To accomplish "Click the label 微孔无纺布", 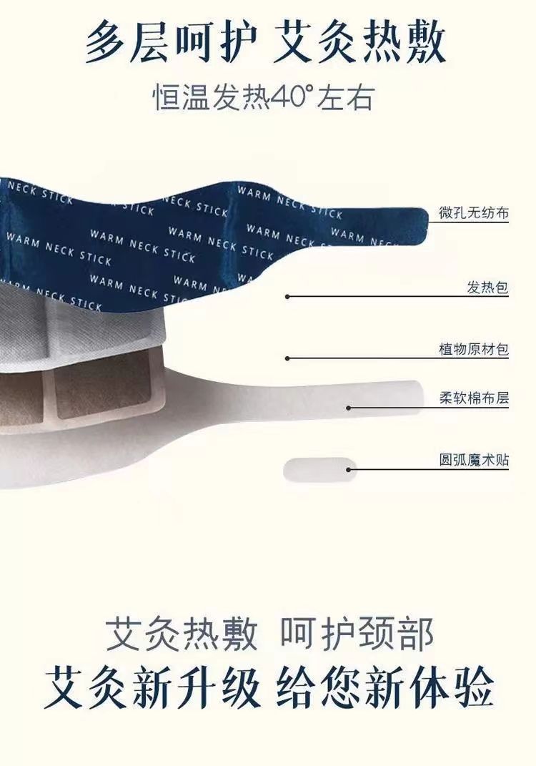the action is pyautogui.click(x=474, y=213).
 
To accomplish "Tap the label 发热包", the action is pyautogui.click(x=487, y=288).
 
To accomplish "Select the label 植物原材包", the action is pyautogui.click(x=474, y=350).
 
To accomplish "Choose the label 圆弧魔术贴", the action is pyautogui.click(x=474, y=460).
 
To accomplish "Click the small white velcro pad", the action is pyautogui.click(x=318, y=469).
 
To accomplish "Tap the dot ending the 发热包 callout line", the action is pyautogui.click(x=287, y=295).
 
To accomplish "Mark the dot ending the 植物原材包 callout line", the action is pyautogui.click(x=287, y=358).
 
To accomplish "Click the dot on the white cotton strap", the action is pyautogui.click(x=349, y=408).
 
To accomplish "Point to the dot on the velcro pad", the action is pyautogui.click(x=349, y=469).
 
